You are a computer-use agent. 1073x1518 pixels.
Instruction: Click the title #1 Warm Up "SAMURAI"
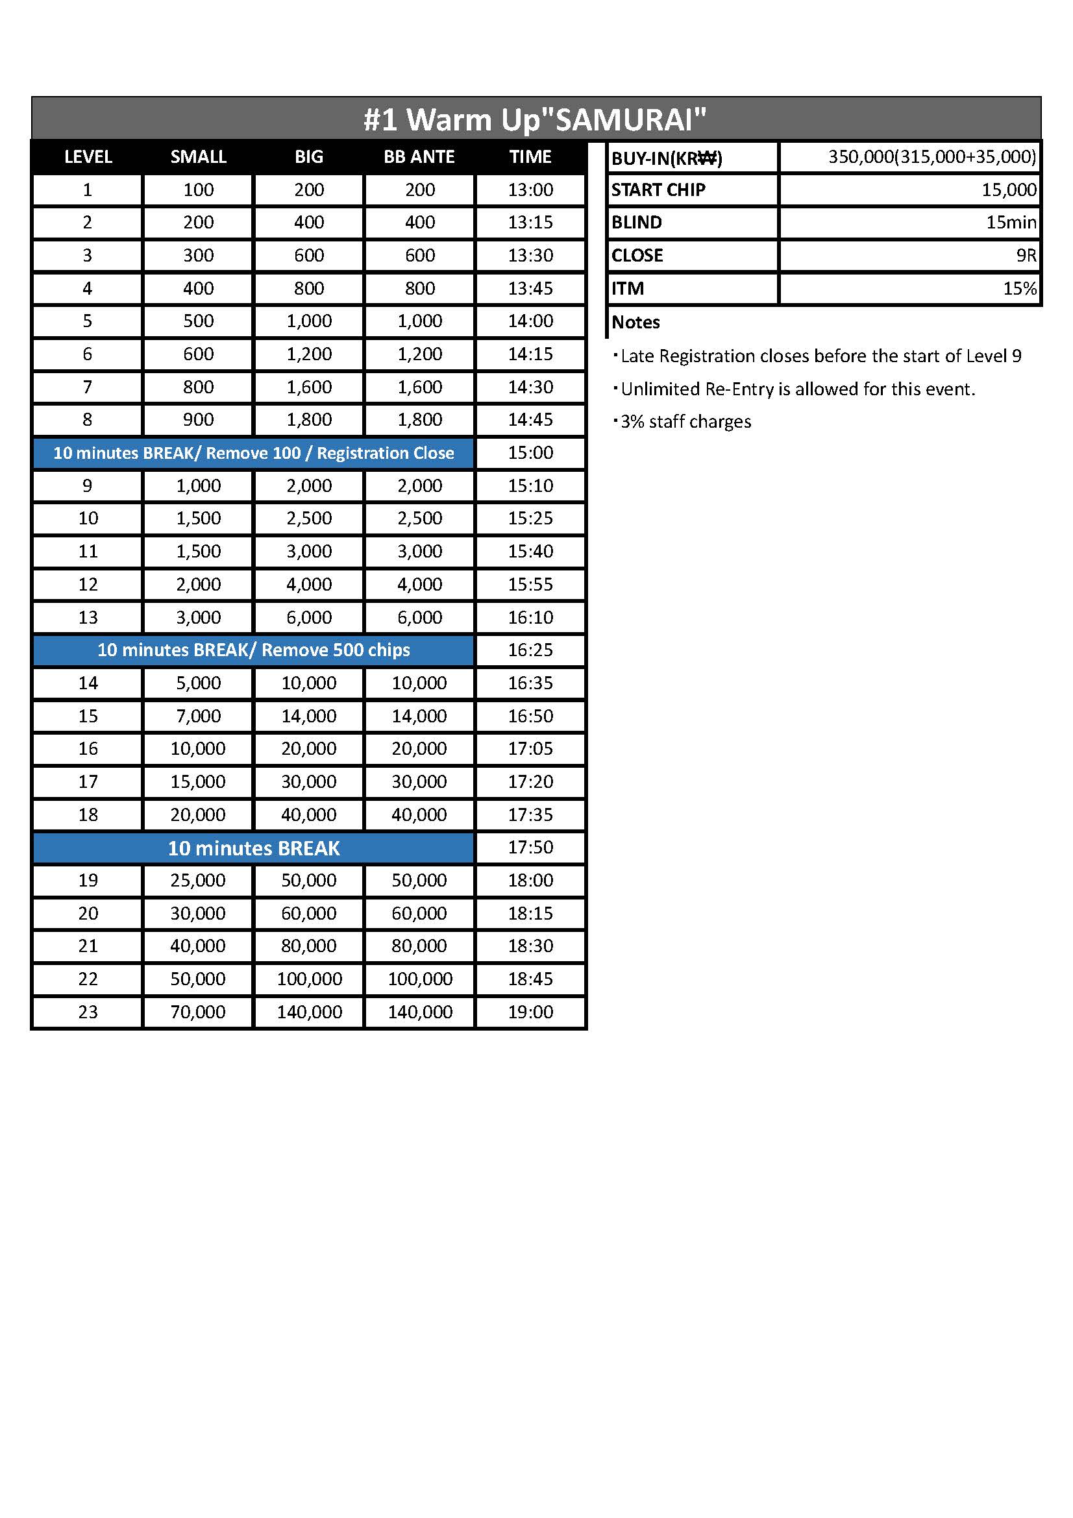point(535,119)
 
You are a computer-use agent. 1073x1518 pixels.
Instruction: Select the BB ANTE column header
point(419,156)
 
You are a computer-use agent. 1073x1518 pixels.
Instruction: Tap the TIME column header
point(530,156)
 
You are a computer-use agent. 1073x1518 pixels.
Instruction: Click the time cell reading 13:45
point(530,288)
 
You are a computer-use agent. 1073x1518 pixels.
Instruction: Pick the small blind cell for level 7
point(198,387)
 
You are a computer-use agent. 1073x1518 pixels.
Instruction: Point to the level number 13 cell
point(88,617)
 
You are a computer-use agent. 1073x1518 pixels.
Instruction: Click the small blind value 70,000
point(198,1012)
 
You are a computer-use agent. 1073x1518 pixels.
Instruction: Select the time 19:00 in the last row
point(530,1012)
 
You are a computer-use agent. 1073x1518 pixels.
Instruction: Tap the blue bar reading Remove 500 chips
point(253,650)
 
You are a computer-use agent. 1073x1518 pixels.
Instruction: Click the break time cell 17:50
point(530,847)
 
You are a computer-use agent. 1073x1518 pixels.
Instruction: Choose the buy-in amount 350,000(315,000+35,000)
point(931,156)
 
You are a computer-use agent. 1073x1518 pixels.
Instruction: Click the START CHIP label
point(658,190)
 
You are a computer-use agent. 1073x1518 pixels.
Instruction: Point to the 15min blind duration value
point(1011,222)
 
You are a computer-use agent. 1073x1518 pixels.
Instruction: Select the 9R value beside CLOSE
point(1026,255)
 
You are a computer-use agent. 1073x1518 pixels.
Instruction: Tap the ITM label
point(628,288)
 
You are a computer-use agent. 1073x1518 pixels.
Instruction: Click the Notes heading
point(635,322)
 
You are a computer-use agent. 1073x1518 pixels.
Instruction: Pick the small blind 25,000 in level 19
point(198,880)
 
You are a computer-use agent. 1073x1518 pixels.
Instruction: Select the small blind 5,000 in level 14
point(198,683)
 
